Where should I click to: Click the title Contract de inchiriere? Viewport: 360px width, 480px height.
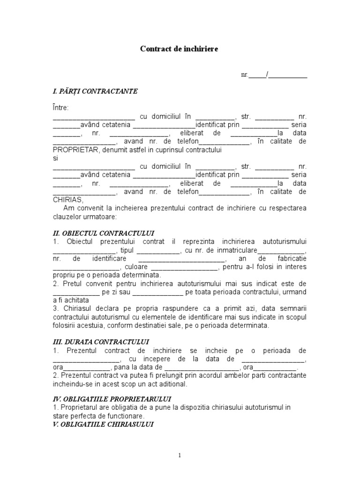[180, 49]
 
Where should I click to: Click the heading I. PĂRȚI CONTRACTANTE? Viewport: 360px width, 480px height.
[95, 91]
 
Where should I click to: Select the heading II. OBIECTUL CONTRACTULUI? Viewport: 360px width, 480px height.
[104, 233]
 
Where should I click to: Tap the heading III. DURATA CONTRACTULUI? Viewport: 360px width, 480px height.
[101, 342]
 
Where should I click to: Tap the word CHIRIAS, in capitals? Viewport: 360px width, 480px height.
[68, 200]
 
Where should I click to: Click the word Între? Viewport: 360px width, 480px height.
[60, 108]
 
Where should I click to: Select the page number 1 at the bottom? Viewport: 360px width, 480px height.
[180, 455]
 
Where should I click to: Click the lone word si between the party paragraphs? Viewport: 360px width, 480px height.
[55, 158]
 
